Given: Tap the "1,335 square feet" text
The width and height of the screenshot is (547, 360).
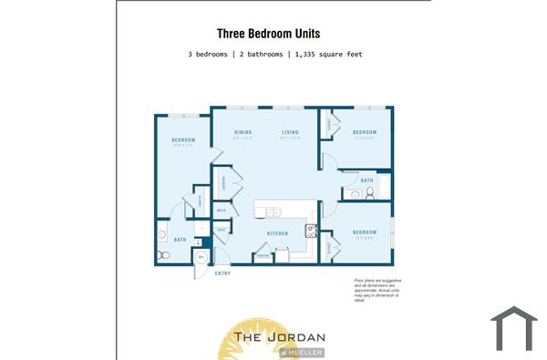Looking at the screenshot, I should point(327,55).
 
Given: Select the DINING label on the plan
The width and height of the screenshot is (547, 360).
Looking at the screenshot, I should point(243,133).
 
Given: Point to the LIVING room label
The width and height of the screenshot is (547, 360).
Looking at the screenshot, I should point(290,133).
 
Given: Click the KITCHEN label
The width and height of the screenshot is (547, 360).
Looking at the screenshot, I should point(277,234).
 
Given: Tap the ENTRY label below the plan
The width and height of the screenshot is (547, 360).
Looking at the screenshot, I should point(222,274).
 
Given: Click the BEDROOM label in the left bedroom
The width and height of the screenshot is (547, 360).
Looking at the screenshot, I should point(183,139).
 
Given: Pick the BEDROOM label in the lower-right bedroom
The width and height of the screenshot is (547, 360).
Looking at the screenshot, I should point(365,232).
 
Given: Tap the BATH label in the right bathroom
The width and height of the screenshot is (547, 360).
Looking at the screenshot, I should point(366,180).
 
